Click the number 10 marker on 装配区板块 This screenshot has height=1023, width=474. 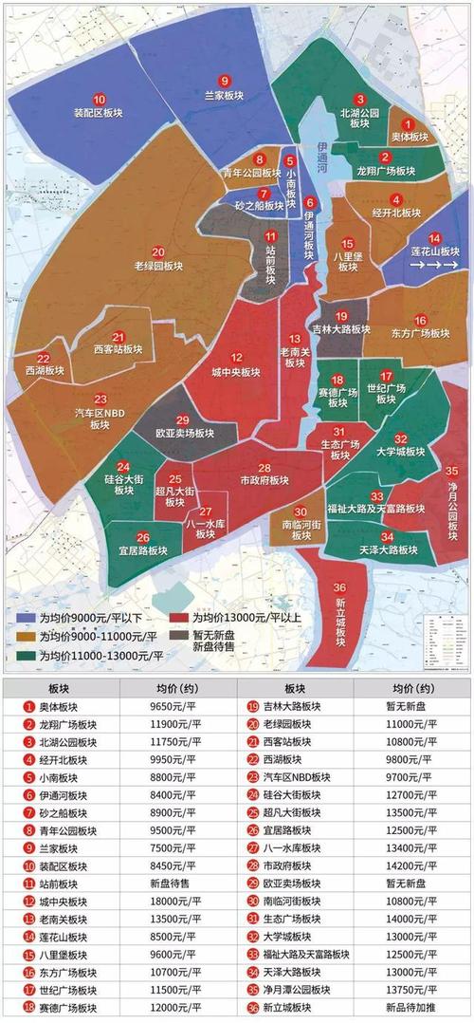(99, 99)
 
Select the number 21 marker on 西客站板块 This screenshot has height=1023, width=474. (118, 337)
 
